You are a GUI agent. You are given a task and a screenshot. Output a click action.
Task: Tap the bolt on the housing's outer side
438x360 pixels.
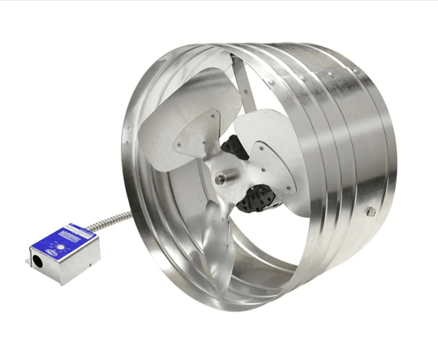(x=370, y=212)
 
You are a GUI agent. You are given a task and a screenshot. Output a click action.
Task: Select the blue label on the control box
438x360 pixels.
(x=69, y=242)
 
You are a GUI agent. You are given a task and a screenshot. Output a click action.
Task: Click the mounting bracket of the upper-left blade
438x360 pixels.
(x=191, y=138)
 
